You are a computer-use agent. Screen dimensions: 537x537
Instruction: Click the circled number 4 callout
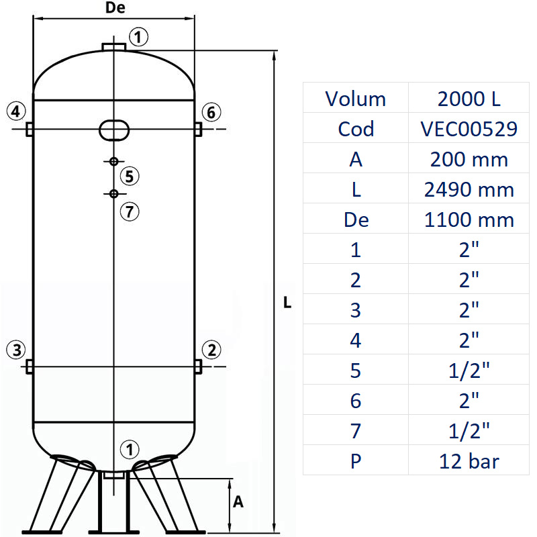pos(17,111)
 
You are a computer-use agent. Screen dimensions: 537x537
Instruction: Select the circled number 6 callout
pos(211,112)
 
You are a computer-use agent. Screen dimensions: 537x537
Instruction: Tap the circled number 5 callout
pos(130,177)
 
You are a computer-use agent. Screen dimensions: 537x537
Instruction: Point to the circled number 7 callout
pos(130,212)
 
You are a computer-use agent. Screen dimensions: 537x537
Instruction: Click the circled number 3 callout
pos(17,349)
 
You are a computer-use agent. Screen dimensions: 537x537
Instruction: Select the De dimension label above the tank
pos(115,9)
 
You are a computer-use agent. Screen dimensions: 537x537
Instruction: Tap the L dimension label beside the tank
pos(287,303)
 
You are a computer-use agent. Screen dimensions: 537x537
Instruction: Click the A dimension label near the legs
pos(238,501)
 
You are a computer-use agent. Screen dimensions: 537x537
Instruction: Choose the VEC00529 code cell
pos(470,129)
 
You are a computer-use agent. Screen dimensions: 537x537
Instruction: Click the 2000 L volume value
pos(470,99)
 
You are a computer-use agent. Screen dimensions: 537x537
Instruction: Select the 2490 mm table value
pos(470,189)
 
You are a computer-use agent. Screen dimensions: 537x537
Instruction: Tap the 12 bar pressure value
pos(470,461)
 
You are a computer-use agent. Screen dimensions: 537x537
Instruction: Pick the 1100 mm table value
pos(470,219)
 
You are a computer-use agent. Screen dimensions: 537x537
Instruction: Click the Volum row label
pos(356,99)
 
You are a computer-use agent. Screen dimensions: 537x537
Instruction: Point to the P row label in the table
pos(356,461)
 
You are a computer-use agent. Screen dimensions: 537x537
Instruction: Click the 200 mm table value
pos(470,159)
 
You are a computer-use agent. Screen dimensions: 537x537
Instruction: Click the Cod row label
pos(356,129)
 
